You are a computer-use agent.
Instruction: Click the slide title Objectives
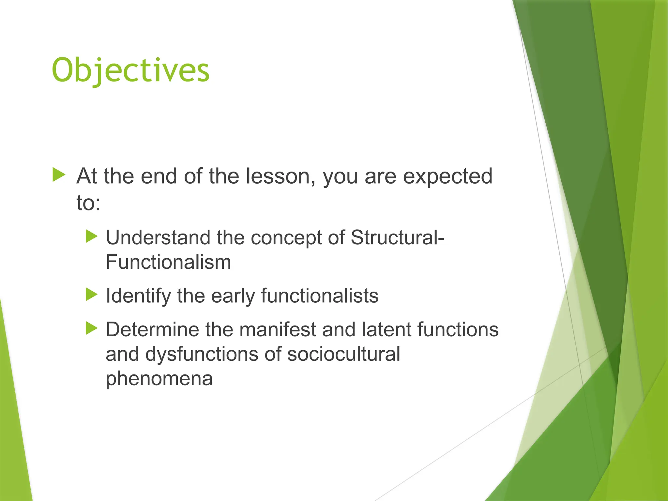click(x=130, y=71)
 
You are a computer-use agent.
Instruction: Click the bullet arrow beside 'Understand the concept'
click(x=92, y=236)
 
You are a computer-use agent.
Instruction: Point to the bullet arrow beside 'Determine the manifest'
click(x=92, y=328)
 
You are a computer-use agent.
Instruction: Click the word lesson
click(x=281, y=176)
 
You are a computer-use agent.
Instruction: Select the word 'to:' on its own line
click(x=88, y=203)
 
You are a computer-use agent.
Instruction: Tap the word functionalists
click(x=320, y=296)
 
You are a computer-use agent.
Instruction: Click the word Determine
click(x=152, y=329)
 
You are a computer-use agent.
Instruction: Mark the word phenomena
click(x=159, y=379)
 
